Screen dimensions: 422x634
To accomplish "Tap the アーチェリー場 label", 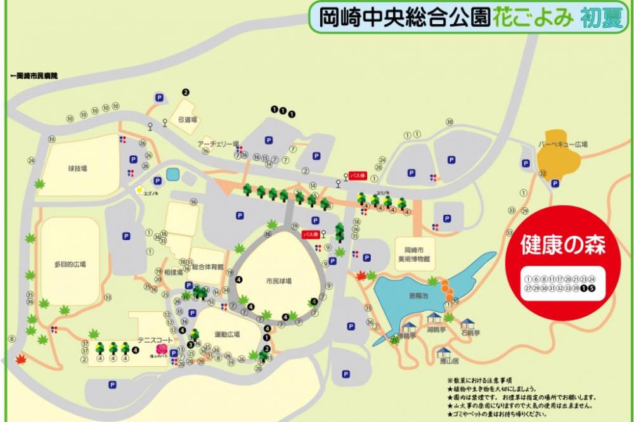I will tap(218, 143).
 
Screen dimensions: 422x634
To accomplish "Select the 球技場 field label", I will tap(77, 169).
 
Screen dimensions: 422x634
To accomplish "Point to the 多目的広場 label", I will tap(70, 264).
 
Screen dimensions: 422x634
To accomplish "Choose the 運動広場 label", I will tap(226, 334).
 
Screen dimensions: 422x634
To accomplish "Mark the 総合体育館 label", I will tap(207, 267).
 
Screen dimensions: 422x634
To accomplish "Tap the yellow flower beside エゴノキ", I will tap(139, 189).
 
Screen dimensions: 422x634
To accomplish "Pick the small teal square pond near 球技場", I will tap(173, 174).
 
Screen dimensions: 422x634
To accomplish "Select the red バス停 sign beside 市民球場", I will tap(311, 234).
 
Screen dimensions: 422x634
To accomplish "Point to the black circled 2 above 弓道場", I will tap(186, 92).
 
